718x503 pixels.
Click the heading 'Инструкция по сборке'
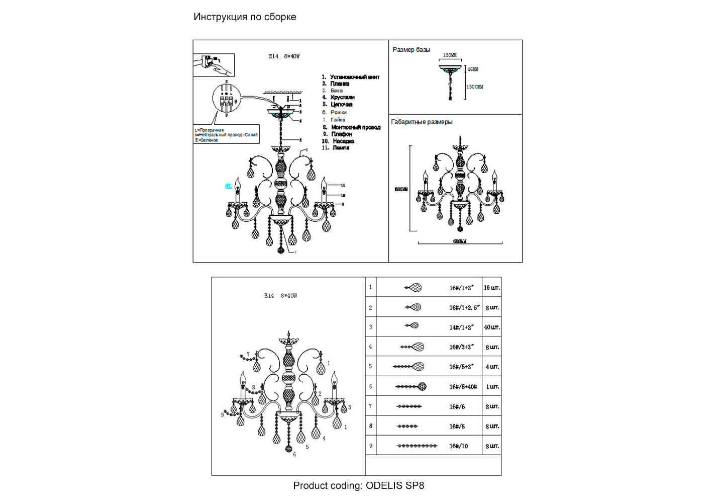click(x=245, y=17)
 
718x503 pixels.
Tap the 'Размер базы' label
click(x=411, y=50)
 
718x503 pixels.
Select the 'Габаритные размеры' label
click(x=422, y=122)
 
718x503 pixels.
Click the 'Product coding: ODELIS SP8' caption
click(x=358, y=485)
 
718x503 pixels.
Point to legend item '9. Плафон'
click(x=338, y=134)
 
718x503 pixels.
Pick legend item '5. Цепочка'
click(x=338, y=105)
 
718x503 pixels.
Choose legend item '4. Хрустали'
click(x=339, y=98)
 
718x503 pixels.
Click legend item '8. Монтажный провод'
click(x=352, y=127)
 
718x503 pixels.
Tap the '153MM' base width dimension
click(x=450, y=55)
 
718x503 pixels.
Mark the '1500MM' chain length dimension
click(x=475, y=87)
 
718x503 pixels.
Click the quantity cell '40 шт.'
click(x=491, y=327)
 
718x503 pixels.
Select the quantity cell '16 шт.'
click(x=491, y=288)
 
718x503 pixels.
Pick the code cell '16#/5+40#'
click(x=463, y=387)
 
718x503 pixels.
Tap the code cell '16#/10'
click(x=458, y=446)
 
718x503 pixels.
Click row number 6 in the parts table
click(x=371, y=387)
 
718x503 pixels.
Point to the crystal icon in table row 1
click(x=413, y=288)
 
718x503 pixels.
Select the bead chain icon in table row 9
click(x=417, y=446)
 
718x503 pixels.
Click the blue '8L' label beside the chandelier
click(x=229, y=187)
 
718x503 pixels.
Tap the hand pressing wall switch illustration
click(x=214, y=65)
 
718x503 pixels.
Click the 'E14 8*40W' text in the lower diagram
click(x=280, y=296)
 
